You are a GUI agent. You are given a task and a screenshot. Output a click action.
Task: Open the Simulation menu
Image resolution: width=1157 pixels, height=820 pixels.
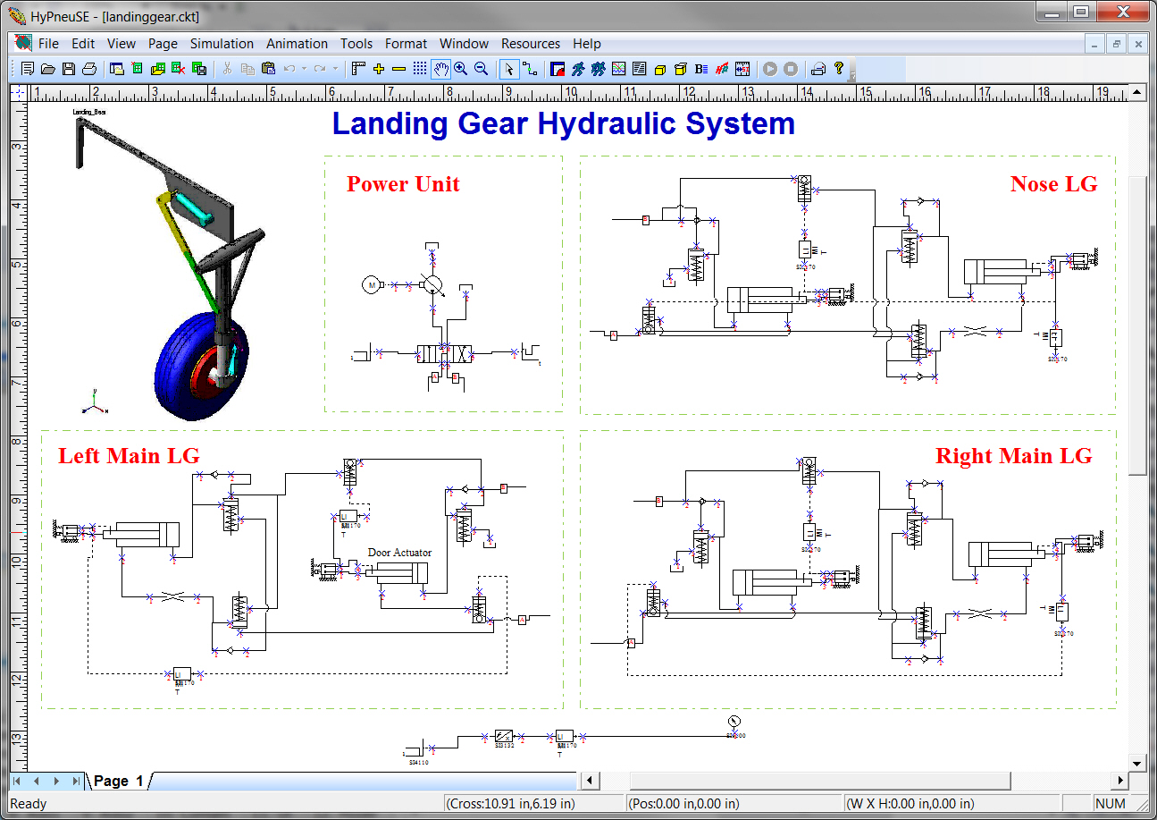[222, 43]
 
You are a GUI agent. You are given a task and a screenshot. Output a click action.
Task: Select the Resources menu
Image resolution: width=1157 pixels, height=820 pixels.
[530, 43]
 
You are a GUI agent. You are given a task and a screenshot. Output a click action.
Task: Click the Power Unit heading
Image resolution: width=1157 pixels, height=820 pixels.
[403, 184]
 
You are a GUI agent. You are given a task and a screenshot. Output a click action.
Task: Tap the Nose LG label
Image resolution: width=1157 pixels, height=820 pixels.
[1053, 183]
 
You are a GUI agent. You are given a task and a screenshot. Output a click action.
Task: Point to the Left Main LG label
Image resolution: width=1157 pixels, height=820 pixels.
[129, 456]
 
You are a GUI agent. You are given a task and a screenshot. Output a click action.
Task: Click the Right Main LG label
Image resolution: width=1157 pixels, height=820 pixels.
[1013, 456]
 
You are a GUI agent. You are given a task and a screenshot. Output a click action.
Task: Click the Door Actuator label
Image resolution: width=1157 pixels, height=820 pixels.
[399, 553]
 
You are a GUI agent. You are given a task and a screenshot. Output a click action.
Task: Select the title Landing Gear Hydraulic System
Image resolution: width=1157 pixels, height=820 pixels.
[563, 123]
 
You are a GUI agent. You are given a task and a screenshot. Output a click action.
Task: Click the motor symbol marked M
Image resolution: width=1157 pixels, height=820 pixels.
[370, 284]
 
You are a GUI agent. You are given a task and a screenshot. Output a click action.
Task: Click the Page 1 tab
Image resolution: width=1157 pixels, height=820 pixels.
[118, 781]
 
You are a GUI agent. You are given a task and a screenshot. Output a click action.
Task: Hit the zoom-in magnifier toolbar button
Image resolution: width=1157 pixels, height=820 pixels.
[461, 68]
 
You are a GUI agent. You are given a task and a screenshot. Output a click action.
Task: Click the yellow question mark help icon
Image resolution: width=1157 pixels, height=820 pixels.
[839, 68]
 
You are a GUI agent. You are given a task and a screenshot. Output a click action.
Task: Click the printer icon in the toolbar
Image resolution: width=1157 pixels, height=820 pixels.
[89, 68]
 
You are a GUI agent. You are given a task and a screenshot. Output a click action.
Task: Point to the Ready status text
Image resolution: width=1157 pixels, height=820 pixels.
[28, 803]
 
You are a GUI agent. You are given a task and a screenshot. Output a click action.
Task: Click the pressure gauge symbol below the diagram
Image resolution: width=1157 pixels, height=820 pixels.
[735, 722]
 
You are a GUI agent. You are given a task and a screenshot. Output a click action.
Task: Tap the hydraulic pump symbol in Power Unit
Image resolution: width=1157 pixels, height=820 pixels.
[432, 284]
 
